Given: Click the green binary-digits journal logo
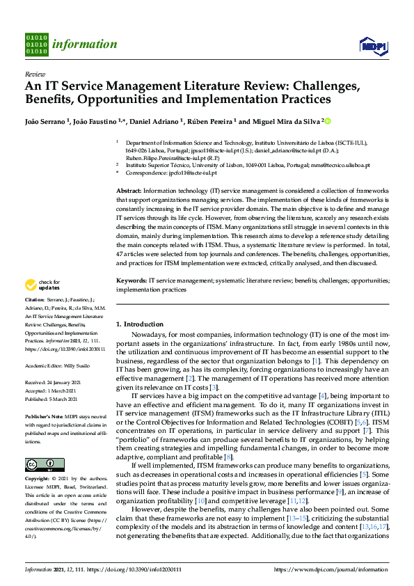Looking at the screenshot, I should (35, 44).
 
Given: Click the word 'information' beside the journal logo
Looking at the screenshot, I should (84, 45).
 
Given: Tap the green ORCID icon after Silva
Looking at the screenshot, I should (328, 121).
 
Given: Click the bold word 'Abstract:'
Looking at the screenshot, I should (129, 191).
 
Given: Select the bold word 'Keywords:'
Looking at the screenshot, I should (131, 280).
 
